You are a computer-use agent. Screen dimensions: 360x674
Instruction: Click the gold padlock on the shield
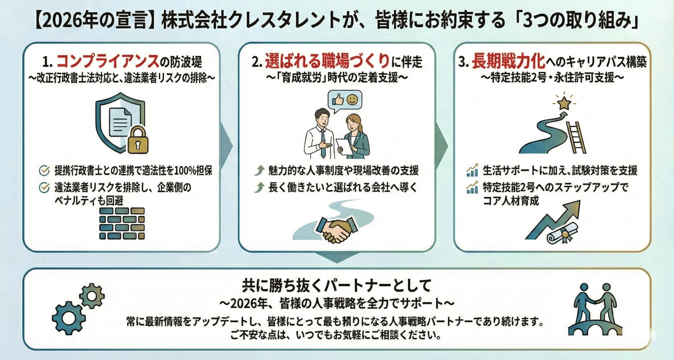coord(138,140)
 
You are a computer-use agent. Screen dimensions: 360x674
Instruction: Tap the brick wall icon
coord(122,223)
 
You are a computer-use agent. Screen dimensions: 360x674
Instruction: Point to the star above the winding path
coord(563,103)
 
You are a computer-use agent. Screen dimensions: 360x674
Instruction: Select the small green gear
coord(92,295)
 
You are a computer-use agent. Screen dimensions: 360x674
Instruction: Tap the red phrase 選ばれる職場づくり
coord(327,61)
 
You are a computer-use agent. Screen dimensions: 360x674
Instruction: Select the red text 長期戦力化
coord(508,61)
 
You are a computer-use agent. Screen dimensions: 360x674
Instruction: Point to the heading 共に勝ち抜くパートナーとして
coord(336,286)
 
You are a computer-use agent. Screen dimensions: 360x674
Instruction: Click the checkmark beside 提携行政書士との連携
coord(44,171)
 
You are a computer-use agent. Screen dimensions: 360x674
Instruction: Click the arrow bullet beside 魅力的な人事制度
coord(259,170)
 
